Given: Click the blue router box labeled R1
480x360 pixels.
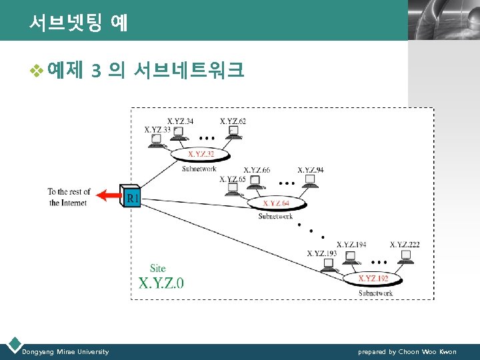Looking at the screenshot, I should point(132,196).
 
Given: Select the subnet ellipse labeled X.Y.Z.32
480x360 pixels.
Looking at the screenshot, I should point(201,154).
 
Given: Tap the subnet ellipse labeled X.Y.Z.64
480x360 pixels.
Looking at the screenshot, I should point(276,203).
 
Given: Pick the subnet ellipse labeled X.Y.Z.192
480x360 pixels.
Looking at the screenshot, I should point(372,278).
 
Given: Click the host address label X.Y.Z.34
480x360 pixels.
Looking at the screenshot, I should point(180,121).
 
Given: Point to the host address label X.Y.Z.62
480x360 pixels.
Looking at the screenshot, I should point(233,121).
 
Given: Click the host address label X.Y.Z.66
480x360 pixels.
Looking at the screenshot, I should point(257,170).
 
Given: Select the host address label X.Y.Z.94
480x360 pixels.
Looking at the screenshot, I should point(311,170).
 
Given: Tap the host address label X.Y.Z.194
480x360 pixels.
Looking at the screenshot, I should point(351,245).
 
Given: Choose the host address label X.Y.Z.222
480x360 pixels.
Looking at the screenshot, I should point(405,245).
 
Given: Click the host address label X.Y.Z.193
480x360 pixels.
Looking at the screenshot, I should point(321,253).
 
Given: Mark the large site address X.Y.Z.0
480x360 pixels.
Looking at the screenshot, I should point(161,283).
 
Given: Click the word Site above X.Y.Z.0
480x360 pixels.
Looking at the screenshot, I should point(158,268).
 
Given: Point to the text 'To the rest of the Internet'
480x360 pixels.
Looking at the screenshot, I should point(67,197).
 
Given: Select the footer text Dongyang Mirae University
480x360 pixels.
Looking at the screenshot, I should point(65,351).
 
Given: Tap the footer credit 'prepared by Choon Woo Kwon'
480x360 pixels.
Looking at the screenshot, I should point(407,351).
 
